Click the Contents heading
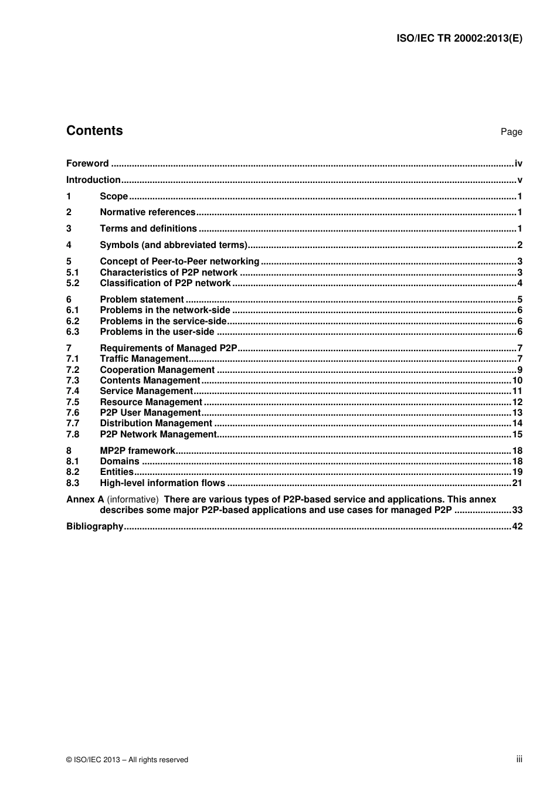pos(94,131)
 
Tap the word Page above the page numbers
pos(511,132)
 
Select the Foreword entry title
pos(87,164)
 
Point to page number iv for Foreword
pos(518,164)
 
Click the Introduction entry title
pos(93,180)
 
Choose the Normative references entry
pos(147,212)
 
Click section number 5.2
pos(73,283)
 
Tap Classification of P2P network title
pos(165,283)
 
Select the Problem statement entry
pos(141,300)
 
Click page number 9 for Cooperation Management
pos(519,370)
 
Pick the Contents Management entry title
pos(150,381)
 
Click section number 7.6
pos(73,413)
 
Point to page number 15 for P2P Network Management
pos(517,434)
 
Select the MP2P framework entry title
pos(137,451)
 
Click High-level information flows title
pos(162,483)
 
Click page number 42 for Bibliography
pos(517,527)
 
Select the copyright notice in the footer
pos(127,760)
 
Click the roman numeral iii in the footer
pos(519,759)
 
